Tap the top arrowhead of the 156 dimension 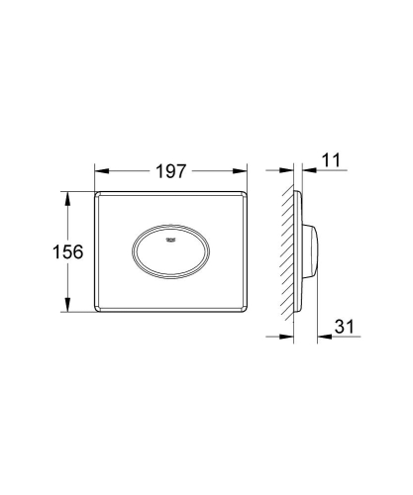pyautogui.click(x=68, y=198)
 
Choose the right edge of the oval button pyautogui.click(x=207, y=252)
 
